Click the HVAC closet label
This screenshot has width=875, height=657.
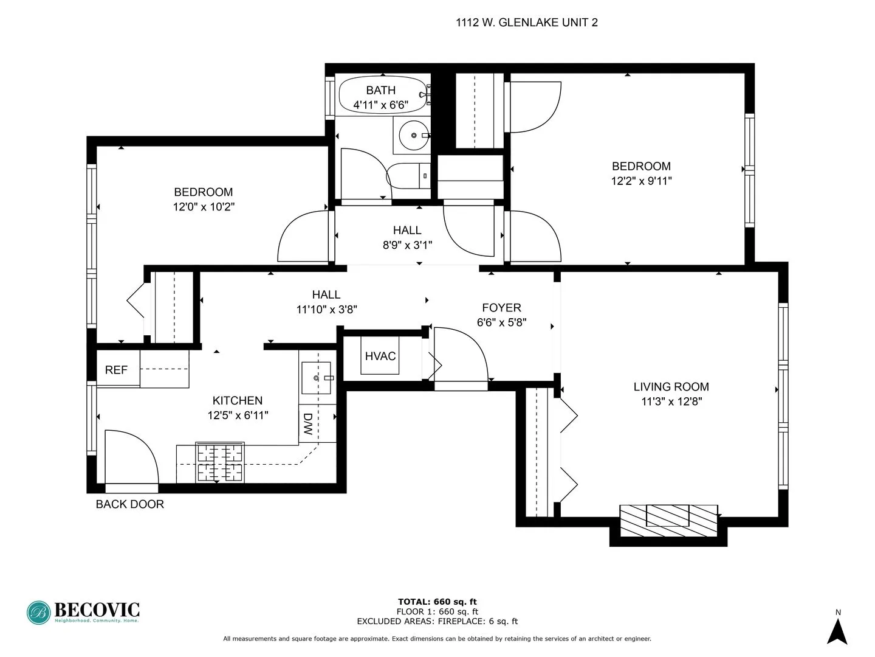click(x=380, y=356)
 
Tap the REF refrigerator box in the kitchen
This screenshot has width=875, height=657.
click(x=117, y=369)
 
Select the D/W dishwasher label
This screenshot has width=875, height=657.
click(x=308, y=423)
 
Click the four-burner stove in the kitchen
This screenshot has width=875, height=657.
click(x=219, y=462)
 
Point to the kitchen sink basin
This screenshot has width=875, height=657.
click(x=317, y=378)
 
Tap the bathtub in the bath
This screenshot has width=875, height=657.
click(x=382, y=95)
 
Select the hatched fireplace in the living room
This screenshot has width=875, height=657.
click(x=668, y=520)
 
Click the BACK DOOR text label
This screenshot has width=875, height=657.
click(x=130, y=504)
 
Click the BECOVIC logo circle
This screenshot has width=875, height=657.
click(x=39, y=613)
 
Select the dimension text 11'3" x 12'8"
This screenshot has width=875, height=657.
click(x=671, y=401)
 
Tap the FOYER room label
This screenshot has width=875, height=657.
click(x=501, y=308)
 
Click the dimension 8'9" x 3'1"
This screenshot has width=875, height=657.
click(x=407, y=245)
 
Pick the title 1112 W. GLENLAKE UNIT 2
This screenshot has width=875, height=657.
click(x=526, y=23)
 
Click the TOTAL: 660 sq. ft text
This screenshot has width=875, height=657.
click(x=437, y=602)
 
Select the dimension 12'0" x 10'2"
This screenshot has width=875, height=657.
click(x=204, y=207)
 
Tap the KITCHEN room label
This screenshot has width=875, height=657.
click(x=238, y=400)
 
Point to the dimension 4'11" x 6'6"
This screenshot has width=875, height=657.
click(x=381, y=105)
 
